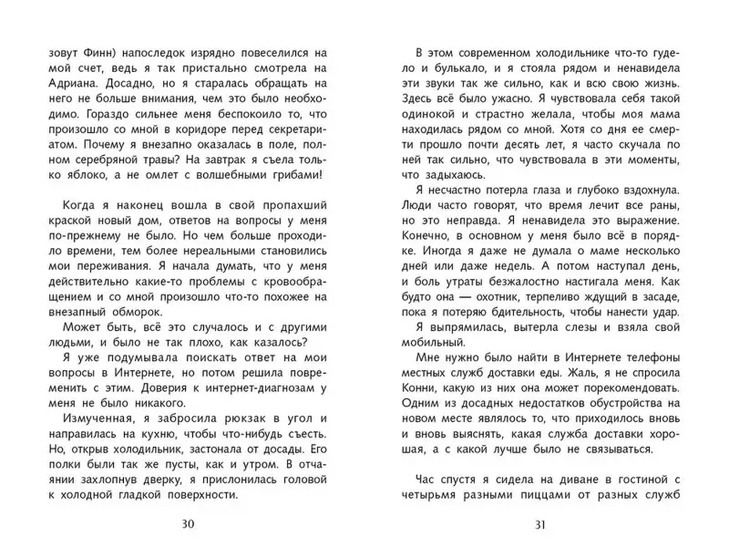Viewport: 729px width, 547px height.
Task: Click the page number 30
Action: pyautogui.click(x=188, y=523)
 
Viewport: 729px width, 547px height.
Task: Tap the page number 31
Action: pyautogui.click(x=539, y=523)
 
